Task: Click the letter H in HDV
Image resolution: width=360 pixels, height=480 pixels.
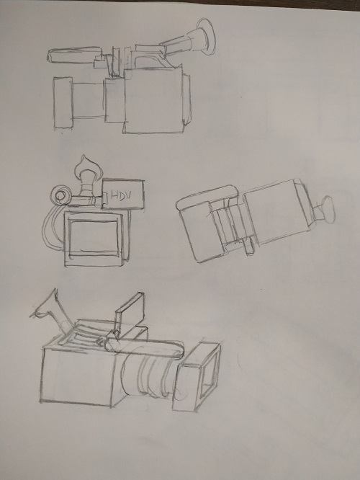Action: pos(114,195)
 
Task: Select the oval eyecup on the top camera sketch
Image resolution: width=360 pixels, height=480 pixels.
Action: pos(206,37)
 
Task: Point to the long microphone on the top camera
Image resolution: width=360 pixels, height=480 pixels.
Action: pos(74,54)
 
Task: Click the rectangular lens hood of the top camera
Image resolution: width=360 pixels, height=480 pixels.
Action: pos(63,102)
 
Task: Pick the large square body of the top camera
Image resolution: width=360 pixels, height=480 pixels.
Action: pos(154,99)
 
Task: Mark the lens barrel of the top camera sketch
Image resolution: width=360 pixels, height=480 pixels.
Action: pos(89,99)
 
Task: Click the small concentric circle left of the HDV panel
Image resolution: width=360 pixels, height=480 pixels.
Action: pos(61,195)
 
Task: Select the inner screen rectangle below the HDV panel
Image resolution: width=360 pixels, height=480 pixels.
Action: pos(94,238)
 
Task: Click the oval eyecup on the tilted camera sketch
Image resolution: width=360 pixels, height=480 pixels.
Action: pos(328,210)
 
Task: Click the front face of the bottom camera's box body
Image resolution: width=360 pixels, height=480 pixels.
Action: pos(76,377)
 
